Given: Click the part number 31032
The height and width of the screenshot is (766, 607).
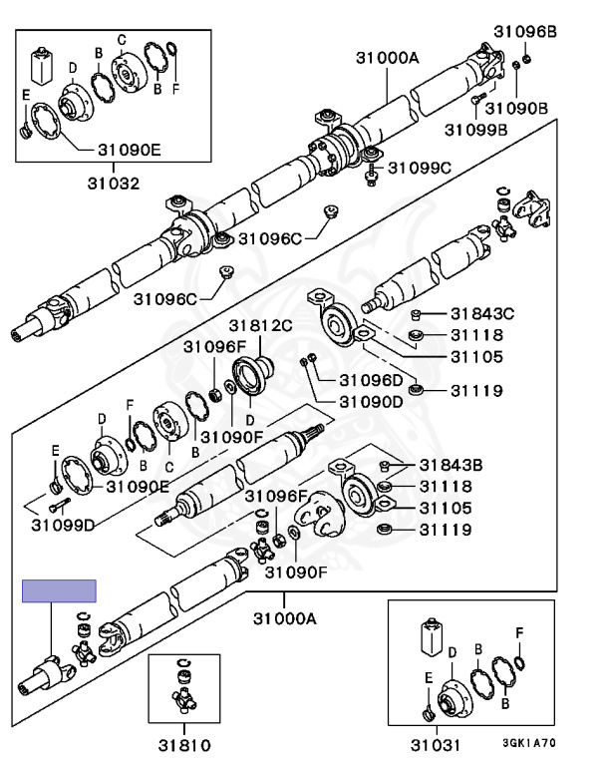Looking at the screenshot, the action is (114, 184).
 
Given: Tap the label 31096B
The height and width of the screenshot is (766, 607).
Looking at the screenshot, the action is (525, 32).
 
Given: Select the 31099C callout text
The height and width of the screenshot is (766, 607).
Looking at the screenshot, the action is (420, 168).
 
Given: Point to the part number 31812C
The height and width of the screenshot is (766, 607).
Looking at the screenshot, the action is (260, 325).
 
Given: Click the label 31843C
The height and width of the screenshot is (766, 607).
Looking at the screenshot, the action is (482, 313).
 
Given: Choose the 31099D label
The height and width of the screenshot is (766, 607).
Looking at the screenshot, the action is (63, 526).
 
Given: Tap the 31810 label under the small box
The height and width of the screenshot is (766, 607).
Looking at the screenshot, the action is (184, 745).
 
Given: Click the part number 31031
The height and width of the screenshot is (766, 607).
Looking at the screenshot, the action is (436, 745).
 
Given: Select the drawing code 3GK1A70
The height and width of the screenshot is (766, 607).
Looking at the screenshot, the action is (529, 743).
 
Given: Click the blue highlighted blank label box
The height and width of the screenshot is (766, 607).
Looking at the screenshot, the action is (59, 591).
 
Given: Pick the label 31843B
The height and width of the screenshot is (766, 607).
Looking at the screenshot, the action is (451, 465).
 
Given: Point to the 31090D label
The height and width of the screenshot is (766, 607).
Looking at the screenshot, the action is (371, 402).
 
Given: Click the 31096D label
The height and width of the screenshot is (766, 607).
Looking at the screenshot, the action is (371, 380).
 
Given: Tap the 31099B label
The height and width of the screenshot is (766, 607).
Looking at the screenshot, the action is (475, 130).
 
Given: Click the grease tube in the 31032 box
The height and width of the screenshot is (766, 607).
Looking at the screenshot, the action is (42, 65).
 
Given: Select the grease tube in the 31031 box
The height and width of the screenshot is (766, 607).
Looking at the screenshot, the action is (433, 637).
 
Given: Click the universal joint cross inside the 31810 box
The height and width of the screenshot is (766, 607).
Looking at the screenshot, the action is (184, 699).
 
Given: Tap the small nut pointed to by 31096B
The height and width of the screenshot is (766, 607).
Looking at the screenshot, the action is (526, 59).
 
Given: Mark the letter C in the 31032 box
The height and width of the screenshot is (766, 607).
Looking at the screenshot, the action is (122, 40).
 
